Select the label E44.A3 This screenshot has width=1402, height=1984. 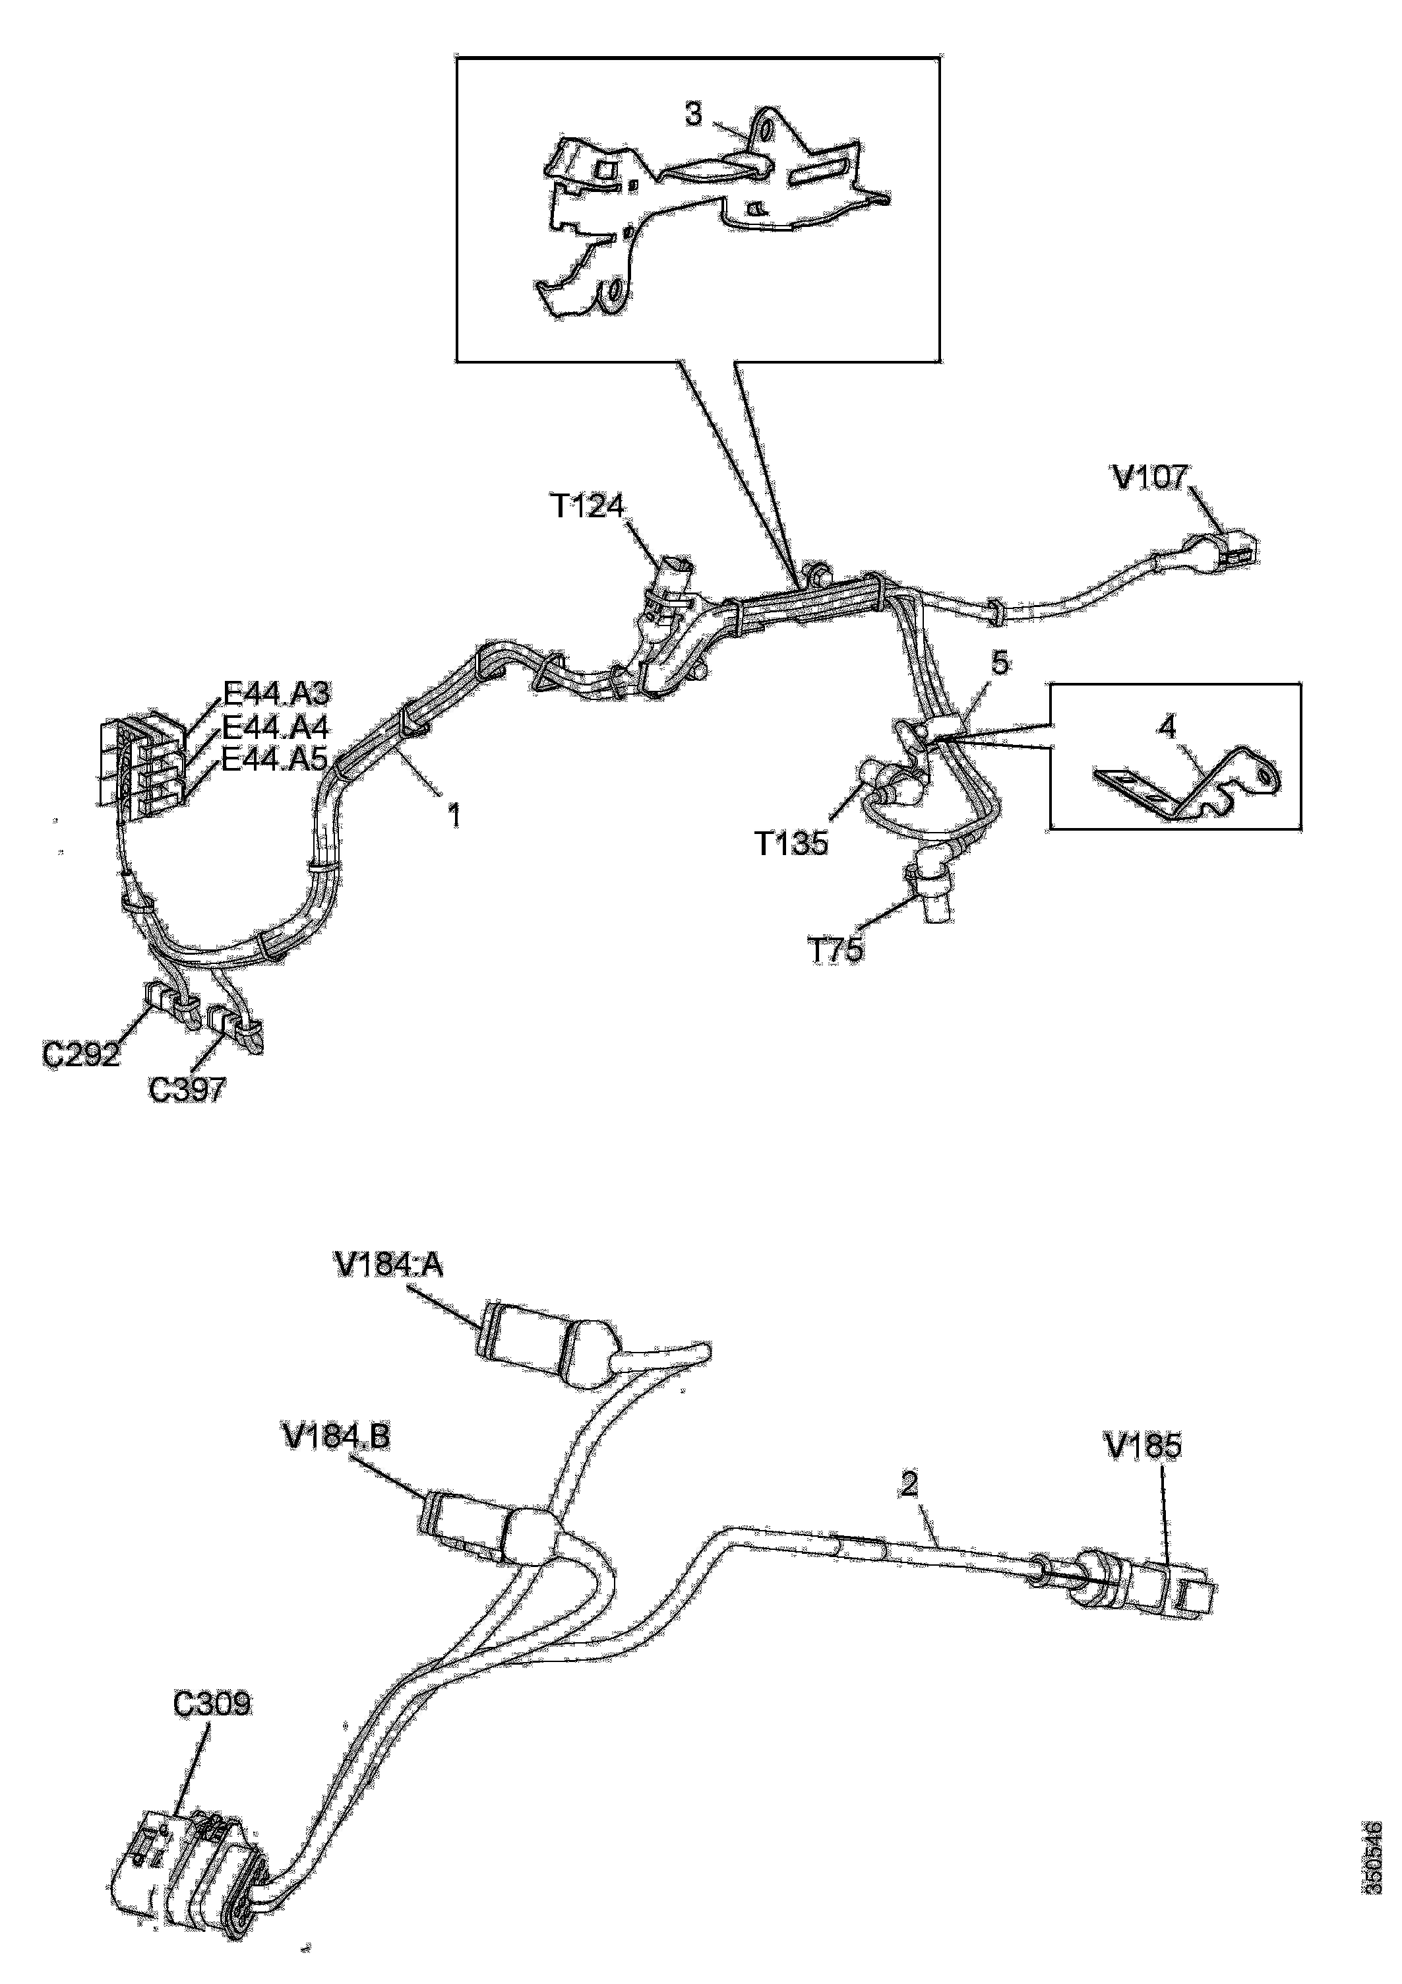point(276,694)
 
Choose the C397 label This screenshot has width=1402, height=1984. point(187,1089)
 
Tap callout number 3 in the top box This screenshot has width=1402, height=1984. point(694,114)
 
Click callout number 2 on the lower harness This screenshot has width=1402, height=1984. point(909,1485)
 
